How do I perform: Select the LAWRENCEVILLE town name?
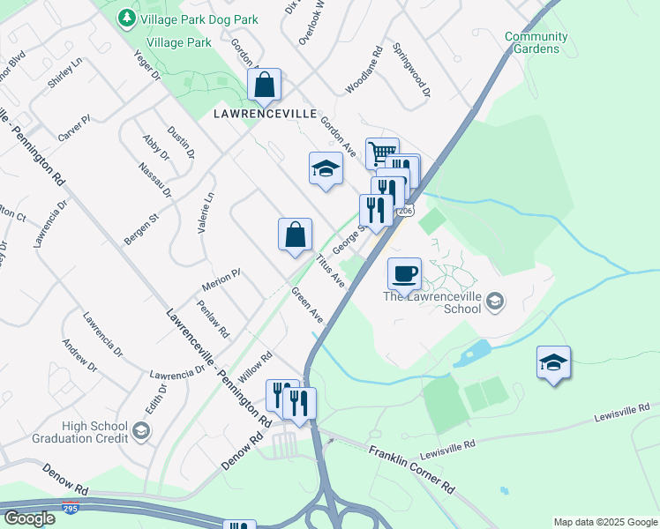[264, 115]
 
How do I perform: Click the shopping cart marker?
[381, 153]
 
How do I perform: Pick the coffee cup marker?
[404, 273]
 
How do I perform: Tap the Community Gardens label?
[536, 42]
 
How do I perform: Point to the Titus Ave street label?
[330, 271]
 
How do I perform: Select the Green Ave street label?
[307, 306]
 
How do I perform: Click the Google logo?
[29, 518]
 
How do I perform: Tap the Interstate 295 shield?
[70, 509]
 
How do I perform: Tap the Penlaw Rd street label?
[214, 319]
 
